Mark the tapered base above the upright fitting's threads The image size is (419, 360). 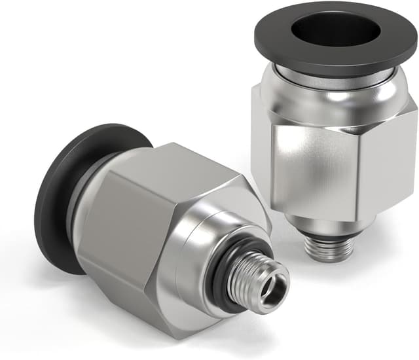tap(331, 223)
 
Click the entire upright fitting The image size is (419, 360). tap(331, 131)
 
